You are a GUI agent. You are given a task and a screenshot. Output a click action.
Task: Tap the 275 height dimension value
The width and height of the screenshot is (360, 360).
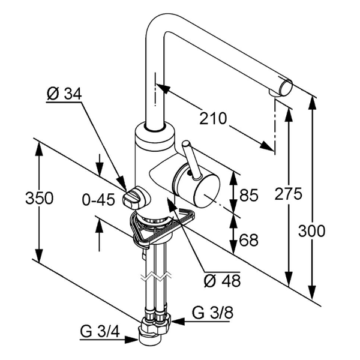click(289, 194)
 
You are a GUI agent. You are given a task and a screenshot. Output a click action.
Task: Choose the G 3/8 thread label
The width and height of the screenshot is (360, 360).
click(208, 313)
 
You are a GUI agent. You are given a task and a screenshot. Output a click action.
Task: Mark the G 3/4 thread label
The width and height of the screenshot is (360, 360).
click(96, 331)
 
